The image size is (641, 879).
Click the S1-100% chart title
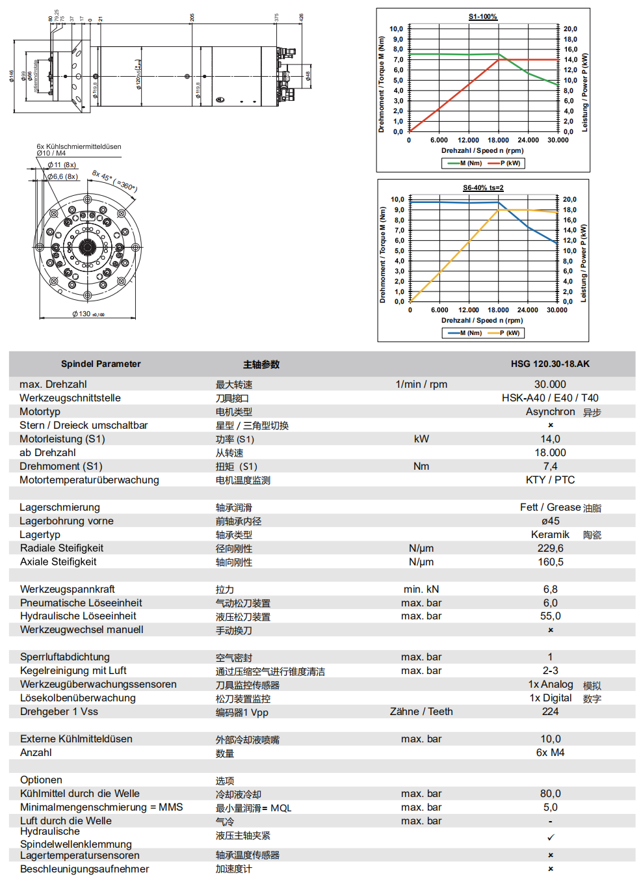(482, 17)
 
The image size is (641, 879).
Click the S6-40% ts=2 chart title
(483, 188)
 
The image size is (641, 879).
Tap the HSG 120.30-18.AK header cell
(550, 364)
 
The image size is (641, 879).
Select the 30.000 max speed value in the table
(550, 385)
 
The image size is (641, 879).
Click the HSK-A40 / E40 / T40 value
(550, 398)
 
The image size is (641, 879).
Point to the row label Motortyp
(40, 412)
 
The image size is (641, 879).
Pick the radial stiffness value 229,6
(550, 548)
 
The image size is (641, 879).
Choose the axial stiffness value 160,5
(550, 562)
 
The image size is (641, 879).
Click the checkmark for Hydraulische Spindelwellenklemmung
(551, 837)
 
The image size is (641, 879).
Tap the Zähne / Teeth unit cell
(421, 712)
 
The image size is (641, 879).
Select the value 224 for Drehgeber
(550, 712)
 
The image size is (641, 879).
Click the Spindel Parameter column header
(101, 364)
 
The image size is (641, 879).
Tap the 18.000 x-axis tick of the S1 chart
(498, 140)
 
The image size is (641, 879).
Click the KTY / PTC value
(550, 480)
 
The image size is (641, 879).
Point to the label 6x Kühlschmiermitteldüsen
(79, 146)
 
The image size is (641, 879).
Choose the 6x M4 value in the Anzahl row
(550, 753)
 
